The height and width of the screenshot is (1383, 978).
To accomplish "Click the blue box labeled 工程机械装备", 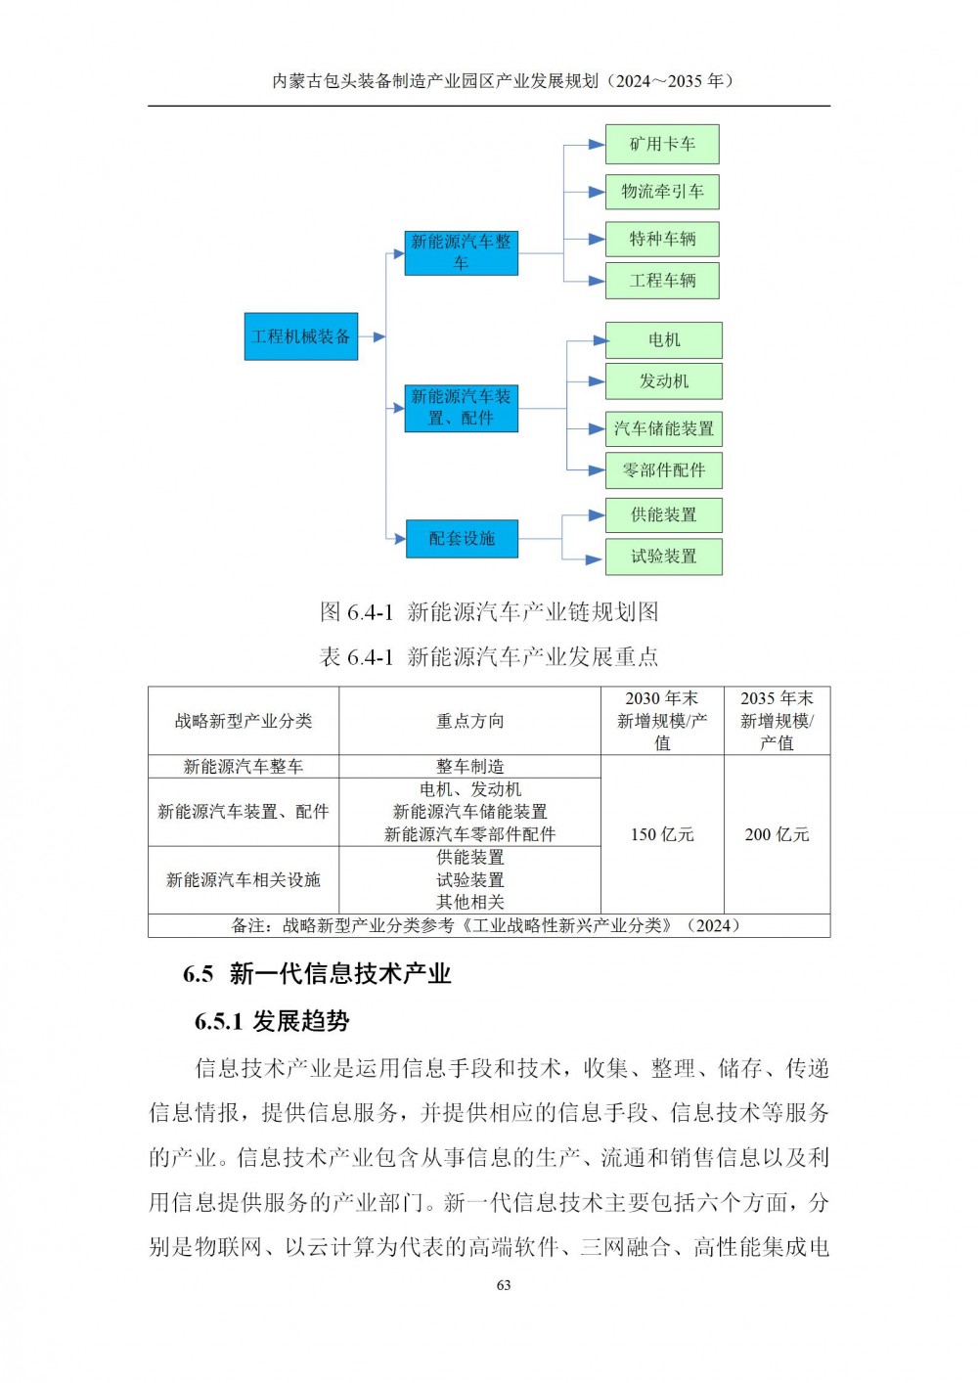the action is click(300, 336).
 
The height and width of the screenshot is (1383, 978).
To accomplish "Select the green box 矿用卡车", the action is click(662, 145).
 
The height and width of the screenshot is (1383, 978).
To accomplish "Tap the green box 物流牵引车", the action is click(662, 192).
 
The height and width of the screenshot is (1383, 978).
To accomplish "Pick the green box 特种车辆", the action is click(662, 239).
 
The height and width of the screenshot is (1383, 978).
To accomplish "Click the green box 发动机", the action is click(664, 380).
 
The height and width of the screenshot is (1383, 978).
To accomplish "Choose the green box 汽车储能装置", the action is click(664, 428).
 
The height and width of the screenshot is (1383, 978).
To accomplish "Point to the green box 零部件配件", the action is click(664, 470).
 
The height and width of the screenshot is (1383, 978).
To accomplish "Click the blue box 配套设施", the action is click(462, 538).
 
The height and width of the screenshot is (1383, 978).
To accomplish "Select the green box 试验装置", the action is click(664, 557).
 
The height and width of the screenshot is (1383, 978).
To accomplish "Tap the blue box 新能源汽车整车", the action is click(462, 253).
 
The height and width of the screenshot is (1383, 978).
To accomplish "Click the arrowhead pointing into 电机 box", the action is click(600, 340).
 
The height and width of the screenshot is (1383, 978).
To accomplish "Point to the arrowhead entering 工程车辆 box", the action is click(597, 282).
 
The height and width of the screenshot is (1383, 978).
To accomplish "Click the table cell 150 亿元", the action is click(662, 834).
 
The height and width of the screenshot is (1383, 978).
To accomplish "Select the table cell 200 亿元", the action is click(777, 834).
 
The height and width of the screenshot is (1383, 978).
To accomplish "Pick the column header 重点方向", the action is click(469, 721).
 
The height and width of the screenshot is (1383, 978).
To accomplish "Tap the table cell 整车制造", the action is click(469, 766).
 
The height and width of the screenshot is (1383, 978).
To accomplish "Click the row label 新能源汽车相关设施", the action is click(244, 880).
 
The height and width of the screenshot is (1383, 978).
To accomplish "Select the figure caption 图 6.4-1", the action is click(357, 612).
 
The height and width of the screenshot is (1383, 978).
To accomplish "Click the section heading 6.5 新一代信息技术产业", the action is click(317, 973).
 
